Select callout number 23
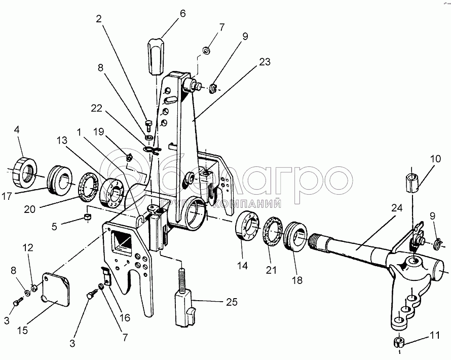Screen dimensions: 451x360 264,62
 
